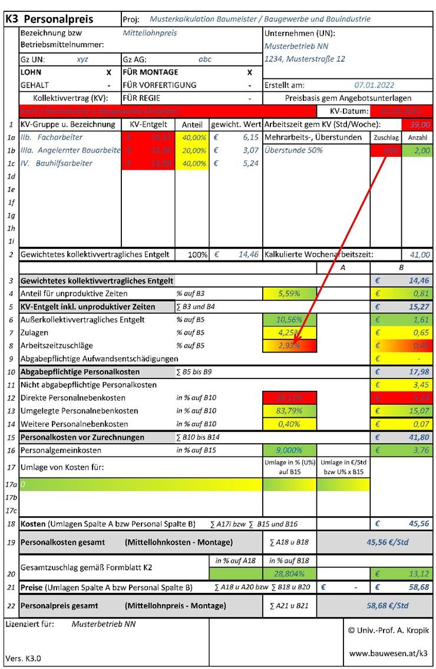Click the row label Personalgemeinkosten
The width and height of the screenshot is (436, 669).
pyautogui.click(x=61, y=450)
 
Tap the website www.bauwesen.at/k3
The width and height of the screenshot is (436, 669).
pyautogui.click(x=388, y=653)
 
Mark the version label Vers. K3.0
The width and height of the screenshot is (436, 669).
pyautogui.click(x=23, y=658)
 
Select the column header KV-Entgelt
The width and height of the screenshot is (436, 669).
pyautogui.click(x=148, y=125)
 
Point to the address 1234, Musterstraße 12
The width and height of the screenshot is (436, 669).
pyautogui.click(x=305, y=59)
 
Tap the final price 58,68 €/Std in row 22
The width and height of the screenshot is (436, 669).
pyautogui.click(x=387, y=605)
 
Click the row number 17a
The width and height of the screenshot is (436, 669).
pyautogui.click(x=10, y=485)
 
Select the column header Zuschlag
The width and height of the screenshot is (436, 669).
pyautogui.click(x=386, y=137)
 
